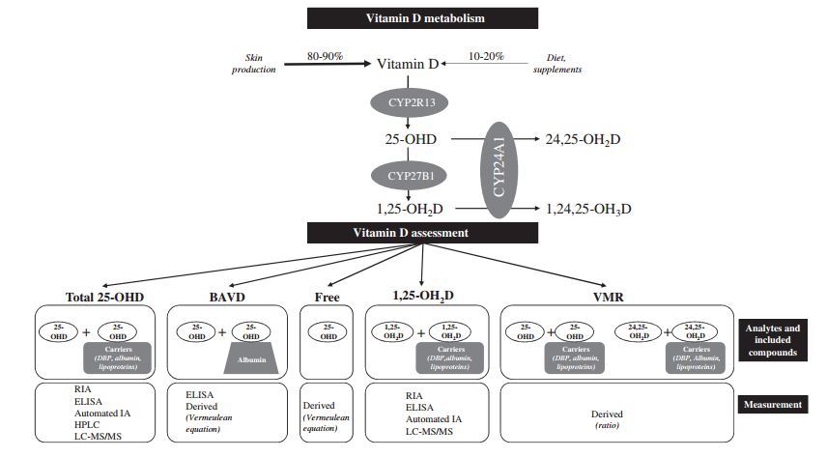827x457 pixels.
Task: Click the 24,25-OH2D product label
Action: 583,140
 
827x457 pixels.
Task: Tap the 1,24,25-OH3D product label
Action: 587,209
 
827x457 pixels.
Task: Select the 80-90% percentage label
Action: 324,56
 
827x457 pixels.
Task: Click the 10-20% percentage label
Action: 485,56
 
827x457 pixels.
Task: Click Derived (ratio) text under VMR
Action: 607,418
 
